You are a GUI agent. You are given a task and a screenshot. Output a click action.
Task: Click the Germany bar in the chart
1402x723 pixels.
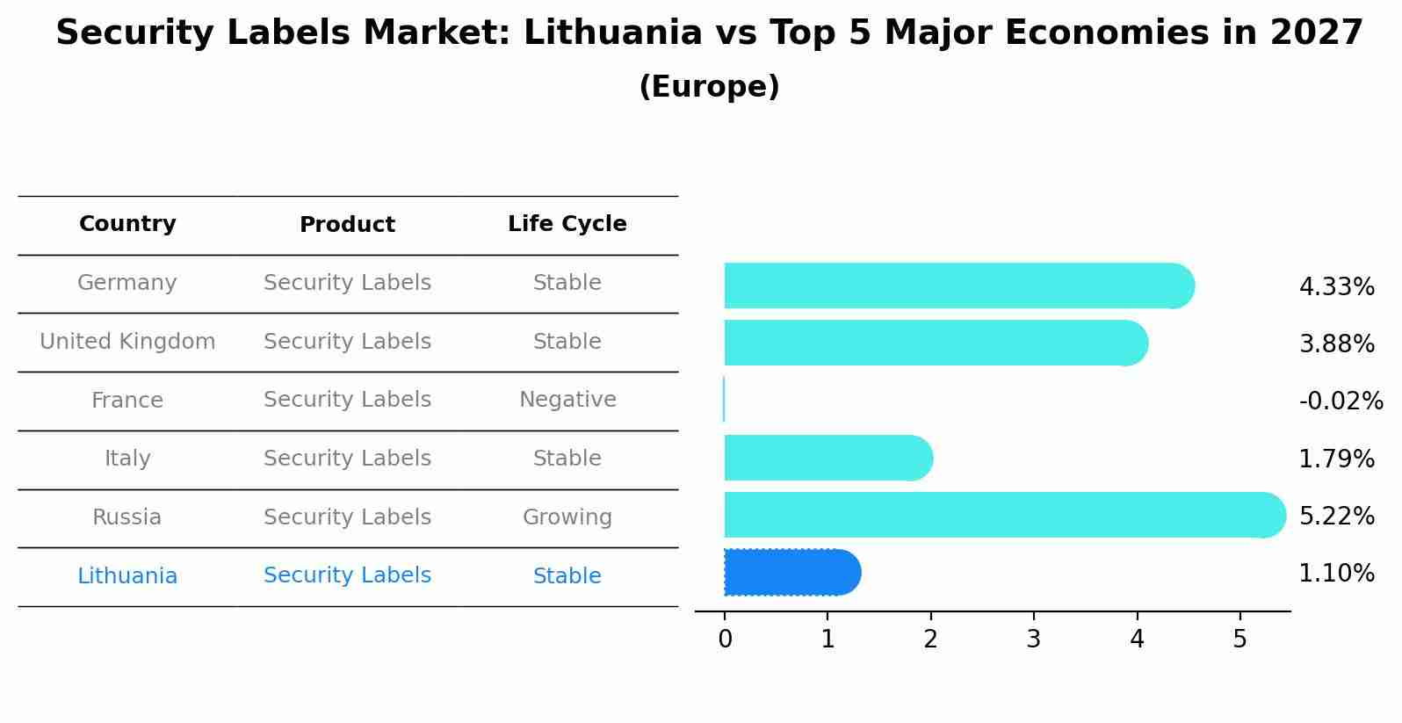pyautogui.click(x=958, y=286)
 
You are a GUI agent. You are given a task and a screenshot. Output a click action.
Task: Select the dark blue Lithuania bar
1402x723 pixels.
pyautogui.click(x=791, y=573)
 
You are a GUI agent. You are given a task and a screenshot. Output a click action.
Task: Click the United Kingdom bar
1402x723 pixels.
pyautogui.click(x=936, y=343)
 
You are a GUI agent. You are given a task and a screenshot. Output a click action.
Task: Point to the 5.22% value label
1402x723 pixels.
pyautogui.click(x=1336, y=517)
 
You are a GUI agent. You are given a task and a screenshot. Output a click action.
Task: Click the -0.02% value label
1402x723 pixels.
pyautogui.click(x=1341, y=401)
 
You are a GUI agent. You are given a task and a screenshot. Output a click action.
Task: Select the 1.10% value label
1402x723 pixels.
pyautogui.click(x=1336, y=574)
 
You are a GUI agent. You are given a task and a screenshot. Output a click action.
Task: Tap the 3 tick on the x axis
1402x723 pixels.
pyautogui.click(x=1034, y=640)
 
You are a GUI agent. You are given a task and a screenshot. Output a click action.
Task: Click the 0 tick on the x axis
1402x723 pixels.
pyautogui.click(x=725, y=640)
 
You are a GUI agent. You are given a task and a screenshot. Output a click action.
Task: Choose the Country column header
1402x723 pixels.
pyautogui.click(x=127, y=224)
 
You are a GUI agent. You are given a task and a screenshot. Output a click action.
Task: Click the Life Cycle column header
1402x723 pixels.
pyautogui.click(x=567, y=224)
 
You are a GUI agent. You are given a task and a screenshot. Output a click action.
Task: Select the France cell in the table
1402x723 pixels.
pyautogui.click(x=127, y=401)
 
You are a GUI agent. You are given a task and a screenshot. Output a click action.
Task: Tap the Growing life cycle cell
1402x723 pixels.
pyautogui.click(x=567, y=517)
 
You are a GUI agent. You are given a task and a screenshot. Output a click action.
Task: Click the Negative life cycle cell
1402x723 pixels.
pyautogui.click(x=567, y=400)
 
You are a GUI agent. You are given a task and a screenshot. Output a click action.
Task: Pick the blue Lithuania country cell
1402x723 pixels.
pyautogui.click(x=127, y=576)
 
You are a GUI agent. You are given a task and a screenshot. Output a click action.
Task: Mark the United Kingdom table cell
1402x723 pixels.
pyautogui.click(x=127, y=342)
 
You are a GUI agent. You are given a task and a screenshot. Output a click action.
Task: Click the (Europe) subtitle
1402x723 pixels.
pyautogui.click(x=709, y=87)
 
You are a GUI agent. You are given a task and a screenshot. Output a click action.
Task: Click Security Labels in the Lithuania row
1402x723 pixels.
pyautogui.click(x=347, y=575)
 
